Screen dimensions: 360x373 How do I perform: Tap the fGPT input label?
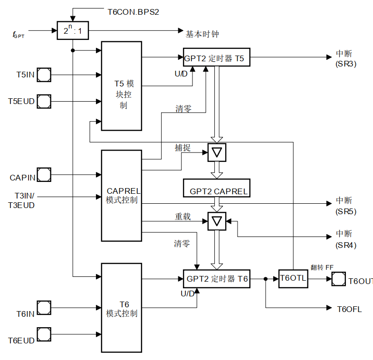click(19, 34)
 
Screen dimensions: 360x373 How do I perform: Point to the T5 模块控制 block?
click(122, 85)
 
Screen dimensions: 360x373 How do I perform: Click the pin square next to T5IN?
click(44, 75)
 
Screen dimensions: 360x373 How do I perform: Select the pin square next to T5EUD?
click(44, 101)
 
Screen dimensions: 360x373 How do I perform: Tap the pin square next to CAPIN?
click(44, 175)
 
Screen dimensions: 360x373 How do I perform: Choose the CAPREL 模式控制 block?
click(122, 196)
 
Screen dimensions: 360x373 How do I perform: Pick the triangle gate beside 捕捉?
click(217, 152)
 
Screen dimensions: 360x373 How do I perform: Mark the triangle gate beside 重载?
click(217, 221)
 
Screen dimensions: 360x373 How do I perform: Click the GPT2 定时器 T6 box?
click(216, 279)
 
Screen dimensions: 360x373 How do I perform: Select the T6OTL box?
click(293, 279)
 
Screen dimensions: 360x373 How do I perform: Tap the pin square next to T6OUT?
click(339, 279)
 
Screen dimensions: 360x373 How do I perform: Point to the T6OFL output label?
click(349, 309)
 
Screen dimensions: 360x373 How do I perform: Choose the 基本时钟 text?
click(202, 34)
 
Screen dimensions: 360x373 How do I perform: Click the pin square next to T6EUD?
click(44, 334)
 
